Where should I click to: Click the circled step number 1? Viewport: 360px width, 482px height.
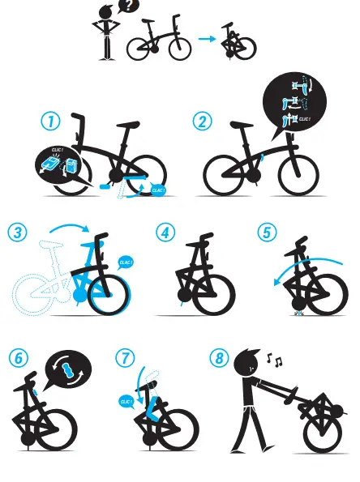(50, 122)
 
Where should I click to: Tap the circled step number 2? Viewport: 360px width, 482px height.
(202, 122)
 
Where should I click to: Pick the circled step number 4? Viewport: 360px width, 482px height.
(165, 232)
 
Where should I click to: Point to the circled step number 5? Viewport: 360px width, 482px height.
(267, 232)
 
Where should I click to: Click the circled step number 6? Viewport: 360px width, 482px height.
(18, 357)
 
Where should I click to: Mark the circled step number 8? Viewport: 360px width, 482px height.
(218, 357)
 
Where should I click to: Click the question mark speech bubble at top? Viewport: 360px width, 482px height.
(127, 6)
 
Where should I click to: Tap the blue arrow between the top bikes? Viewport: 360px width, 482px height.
(208, 38)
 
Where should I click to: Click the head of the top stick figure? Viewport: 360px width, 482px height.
(106, 13)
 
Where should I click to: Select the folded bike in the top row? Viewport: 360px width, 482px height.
(239, 45)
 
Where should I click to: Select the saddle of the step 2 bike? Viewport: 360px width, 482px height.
(241, 126)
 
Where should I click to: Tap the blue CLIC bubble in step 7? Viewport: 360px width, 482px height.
(126, 401)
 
